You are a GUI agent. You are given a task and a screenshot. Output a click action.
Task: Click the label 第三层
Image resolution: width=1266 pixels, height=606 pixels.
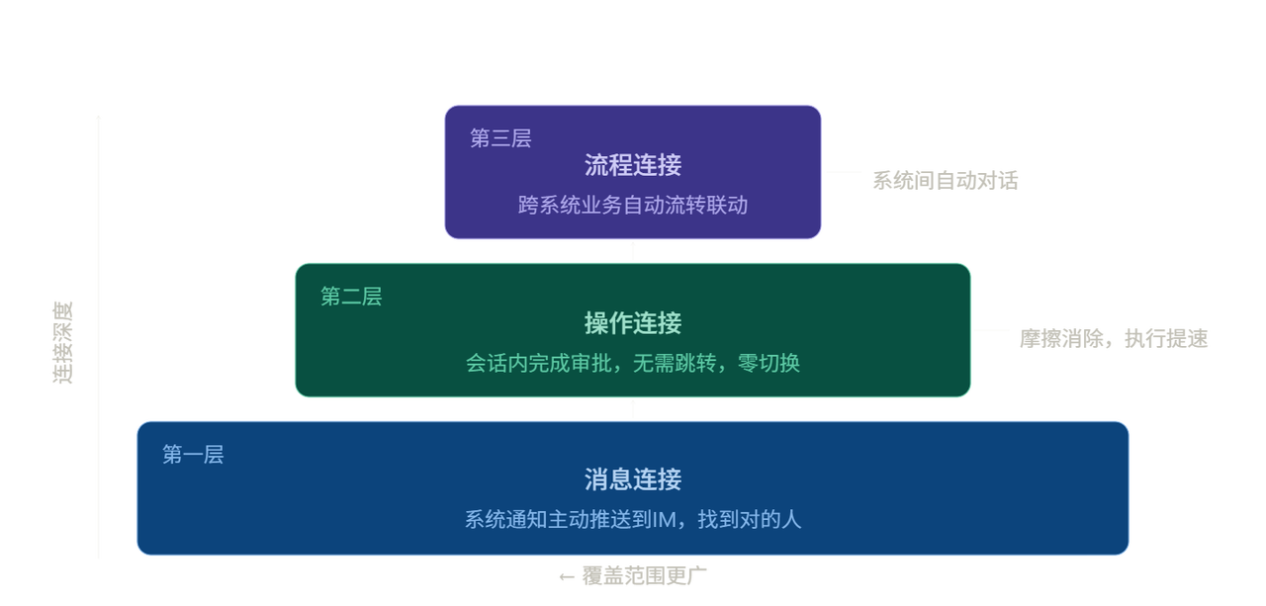pos(500,138)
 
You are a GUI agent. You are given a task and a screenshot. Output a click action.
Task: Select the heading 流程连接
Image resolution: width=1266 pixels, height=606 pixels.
pos(633,165)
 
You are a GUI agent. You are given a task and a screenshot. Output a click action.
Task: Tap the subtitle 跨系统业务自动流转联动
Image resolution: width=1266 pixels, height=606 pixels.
pos(633,206)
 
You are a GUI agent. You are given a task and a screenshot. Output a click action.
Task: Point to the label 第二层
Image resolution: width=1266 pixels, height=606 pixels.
pos(351,297)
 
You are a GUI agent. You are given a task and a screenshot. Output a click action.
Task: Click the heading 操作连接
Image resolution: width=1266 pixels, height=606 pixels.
pos(633,323)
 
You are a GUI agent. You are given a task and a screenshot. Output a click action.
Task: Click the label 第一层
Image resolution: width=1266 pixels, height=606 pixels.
pos(193,455)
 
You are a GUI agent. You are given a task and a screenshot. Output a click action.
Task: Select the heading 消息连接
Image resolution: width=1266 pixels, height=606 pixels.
pos(633,480)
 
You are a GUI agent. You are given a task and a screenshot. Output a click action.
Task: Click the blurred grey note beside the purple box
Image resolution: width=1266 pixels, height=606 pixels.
pos(945,181)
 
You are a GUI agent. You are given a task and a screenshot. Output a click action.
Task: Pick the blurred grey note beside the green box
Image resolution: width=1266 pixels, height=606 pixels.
pos(1114,339)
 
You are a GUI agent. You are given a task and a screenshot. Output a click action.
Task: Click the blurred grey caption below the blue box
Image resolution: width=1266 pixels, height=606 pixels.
pos(633,575)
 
